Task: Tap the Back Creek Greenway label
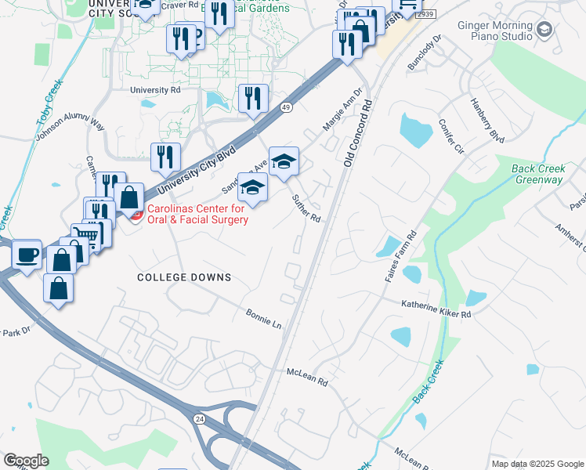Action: (537, 174)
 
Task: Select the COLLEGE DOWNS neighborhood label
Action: (184, 277)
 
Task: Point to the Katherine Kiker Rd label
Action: (436, 309)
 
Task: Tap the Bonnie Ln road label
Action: (263, 317)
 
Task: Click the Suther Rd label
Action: (307, 207)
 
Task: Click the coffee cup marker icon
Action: (27, 255)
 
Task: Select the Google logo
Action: (26, 460)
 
